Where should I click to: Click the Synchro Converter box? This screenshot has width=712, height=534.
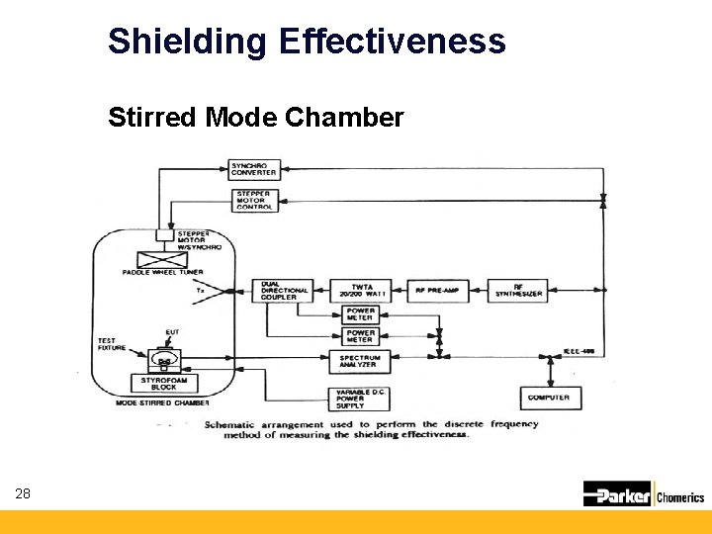pyautogui.click(x=254, y=169)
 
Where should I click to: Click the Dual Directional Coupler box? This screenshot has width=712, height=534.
pyautogui.click(x=281, y=291)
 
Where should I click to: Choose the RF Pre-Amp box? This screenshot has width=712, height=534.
pyautogui.click(x=435, y=291)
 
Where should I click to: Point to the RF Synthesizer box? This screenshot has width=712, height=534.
pyautogui.click(x=521, y=291)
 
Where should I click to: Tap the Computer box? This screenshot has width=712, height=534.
pyautogui.click(x=549, y=398)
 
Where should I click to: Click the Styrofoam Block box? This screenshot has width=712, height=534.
pyautogui.click(x=157, y=384)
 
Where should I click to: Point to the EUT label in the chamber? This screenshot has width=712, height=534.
pyautogui.click(x=172, y=332)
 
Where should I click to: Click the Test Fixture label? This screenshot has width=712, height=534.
pyautogui.click(x=108, y=345)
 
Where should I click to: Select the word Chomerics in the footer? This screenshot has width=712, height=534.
pyautogui.click(x=680, y=496)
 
